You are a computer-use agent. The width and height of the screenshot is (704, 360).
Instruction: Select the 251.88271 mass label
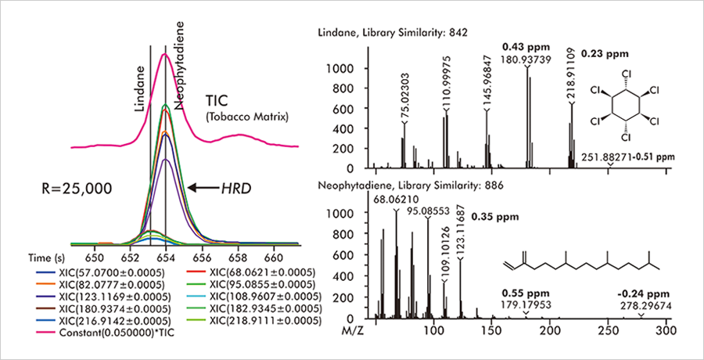[x=609, y=157]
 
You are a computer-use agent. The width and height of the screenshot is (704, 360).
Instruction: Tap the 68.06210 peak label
[x=395, y=200]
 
